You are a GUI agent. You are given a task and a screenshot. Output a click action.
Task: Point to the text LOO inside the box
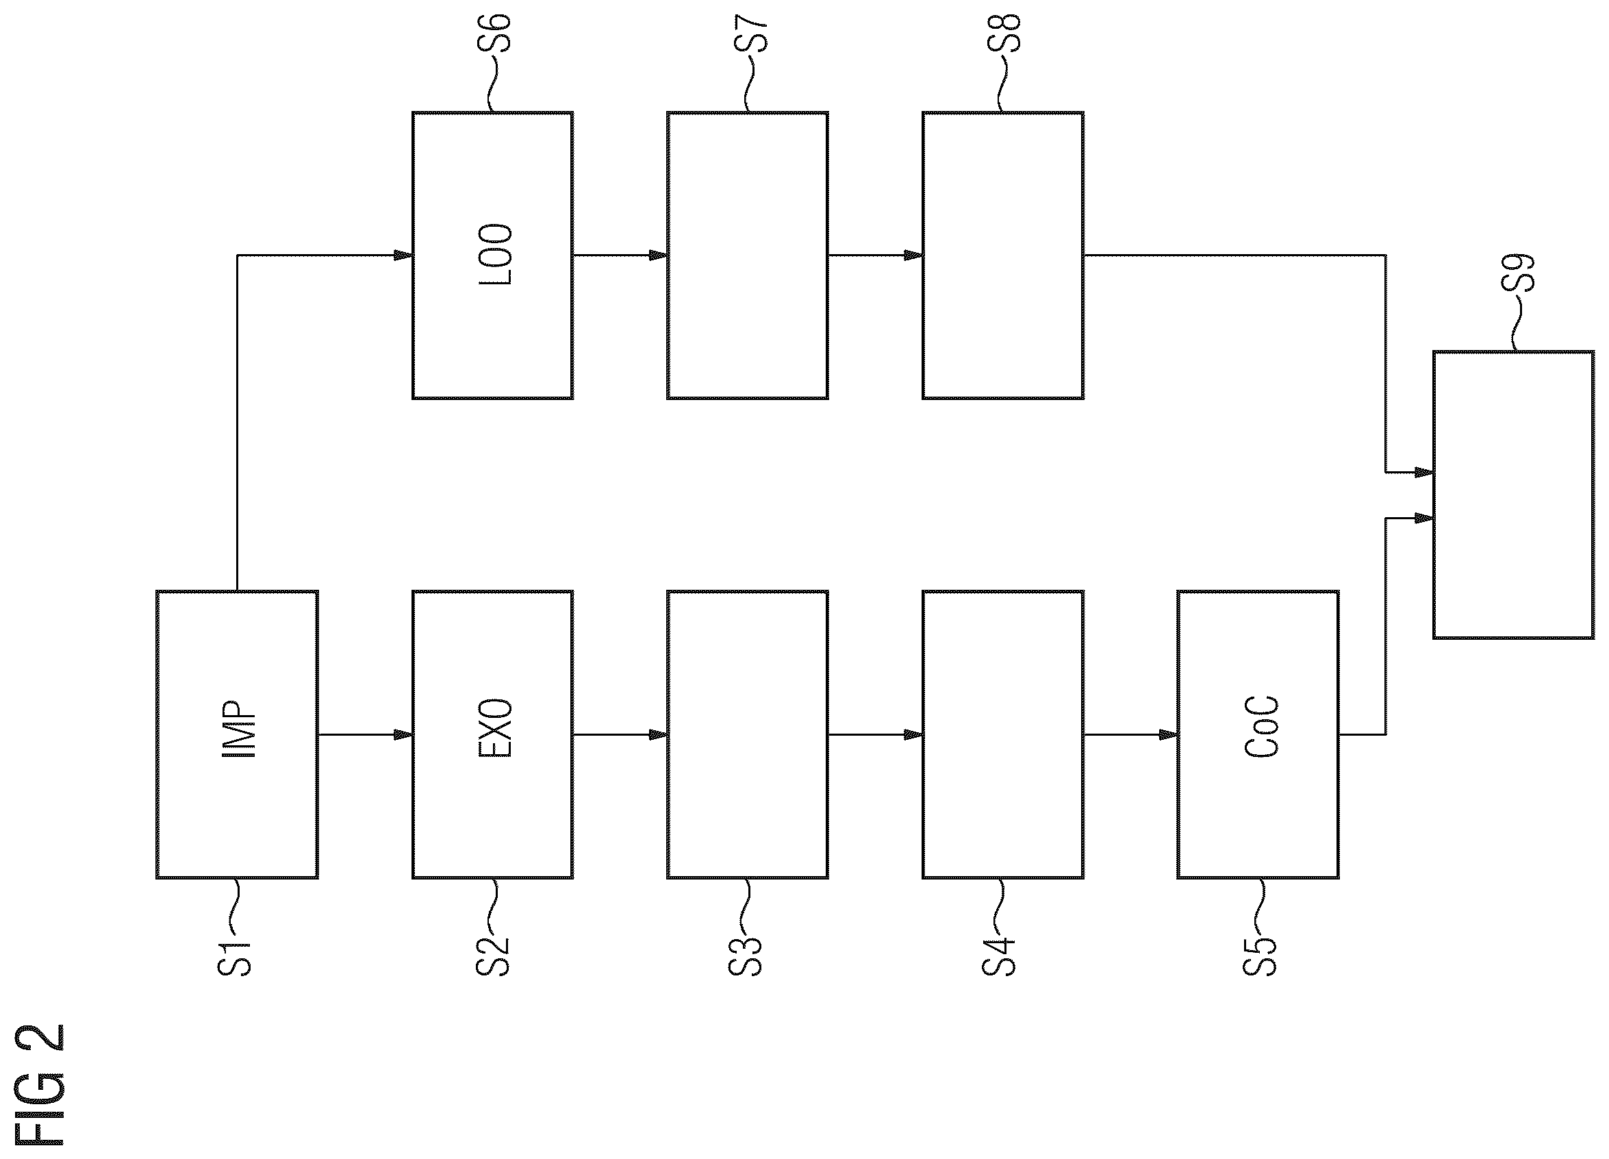point(494,255)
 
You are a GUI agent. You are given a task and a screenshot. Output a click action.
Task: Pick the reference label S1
point(234,959)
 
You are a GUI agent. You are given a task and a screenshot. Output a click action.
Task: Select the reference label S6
point(494,32)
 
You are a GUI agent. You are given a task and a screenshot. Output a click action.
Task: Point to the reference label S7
point(751,32)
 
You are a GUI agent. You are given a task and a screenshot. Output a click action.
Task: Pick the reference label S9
point(1517,273)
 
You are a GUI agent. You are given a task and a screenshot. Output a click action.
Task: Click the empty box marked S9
point(1513,495)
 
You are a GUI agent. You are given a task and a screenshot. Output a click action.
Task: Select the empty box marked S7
point(747,255)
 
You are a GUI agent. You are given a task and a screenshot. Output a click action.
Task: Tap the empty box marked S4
point(1002,734)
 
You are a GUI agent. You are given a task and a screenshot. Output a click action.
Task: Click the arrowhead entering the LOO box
point(404,255)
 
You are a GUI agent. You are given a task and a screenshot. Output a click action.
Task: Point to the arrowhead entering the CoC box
point(1169,734)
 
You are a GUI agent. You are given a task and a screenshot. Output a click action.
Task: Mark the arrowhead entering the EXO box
point(404,734)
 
